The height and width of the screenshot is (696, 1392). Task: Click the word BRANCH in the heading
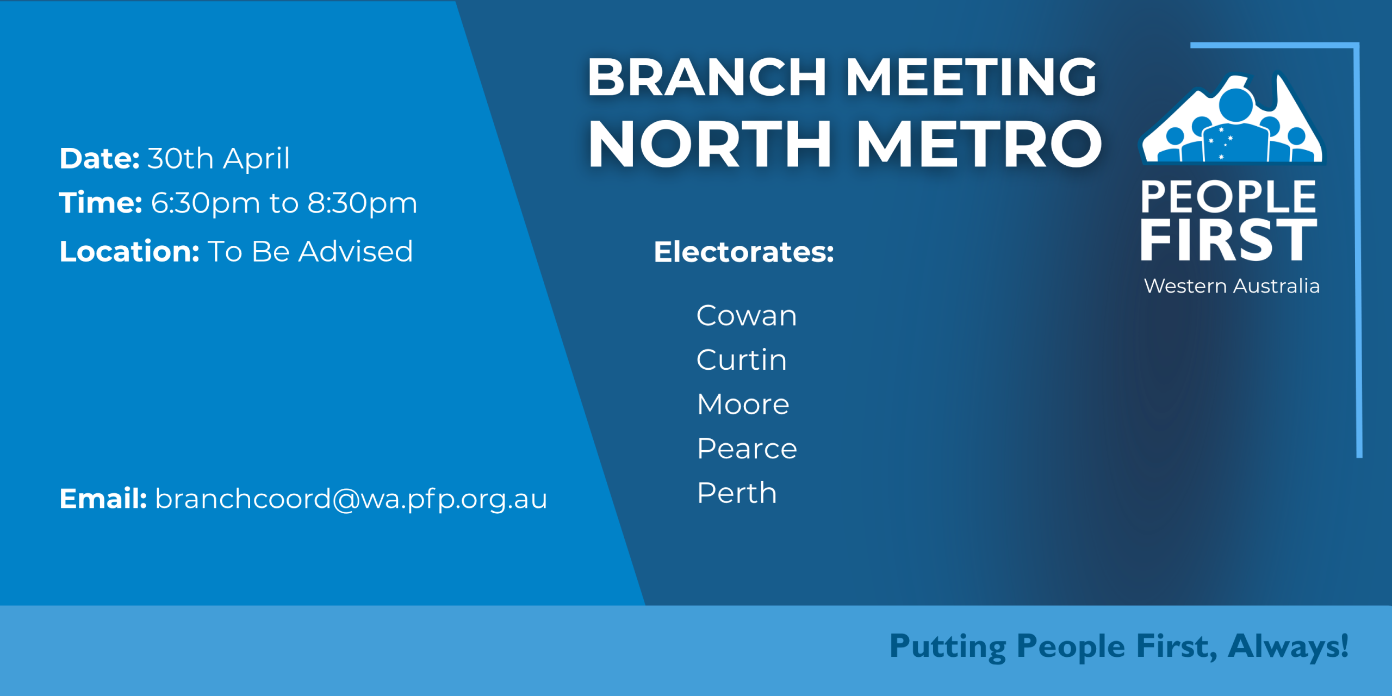707,77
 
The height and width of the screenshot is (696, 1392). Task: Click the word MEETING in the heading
971,77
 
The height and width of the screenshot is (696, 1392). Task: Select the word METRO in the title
979,144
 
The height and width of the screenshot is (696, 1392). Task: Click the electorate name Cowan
747,315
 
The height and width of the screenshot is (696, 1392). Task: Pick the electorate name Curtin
741,359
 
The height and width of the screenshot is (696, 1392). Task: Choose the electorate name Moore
743,404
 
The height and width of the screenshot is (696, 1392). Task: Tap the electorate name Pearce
747,449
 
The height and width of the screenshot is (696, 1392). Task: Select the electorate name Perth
737,493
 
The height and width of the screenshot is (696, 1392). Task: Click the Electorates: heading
744,252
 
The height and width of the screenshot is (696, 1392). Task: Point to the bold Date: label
100,158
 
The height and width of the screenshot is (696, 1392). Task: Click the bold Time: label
101,203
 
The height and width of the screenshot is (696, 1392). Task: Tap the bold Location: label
129,251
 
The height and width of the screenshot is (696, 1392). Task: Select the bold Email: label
103,499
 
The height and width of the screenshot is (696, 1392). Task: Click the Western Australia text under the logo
1232,286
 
